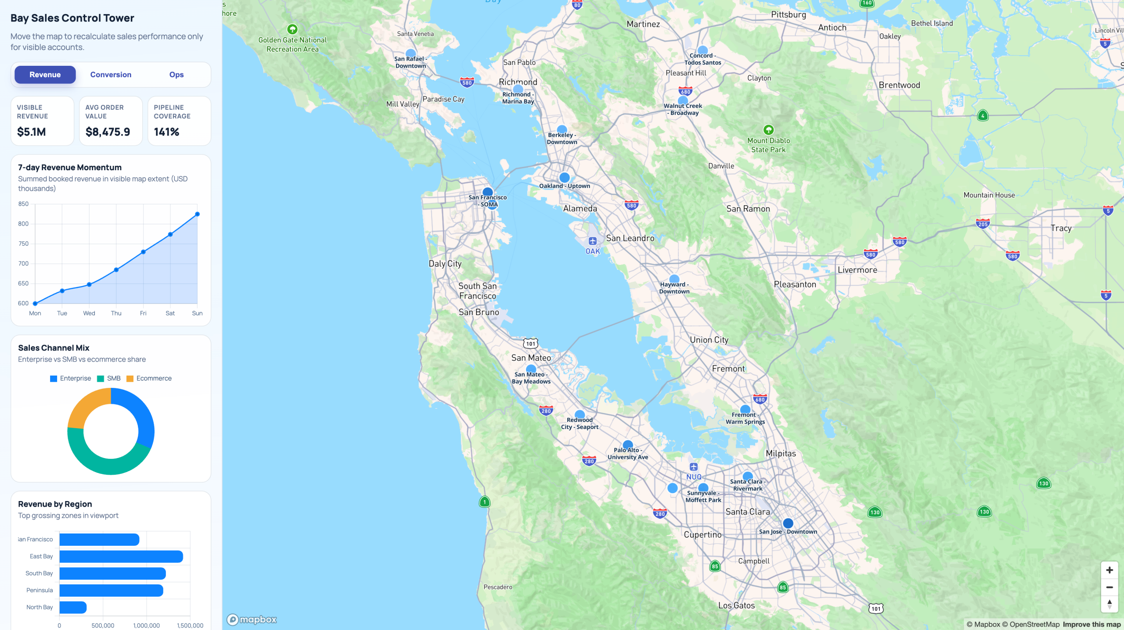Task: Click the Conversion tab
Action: pos(111,75)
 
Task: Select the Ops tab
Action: pos(177,75)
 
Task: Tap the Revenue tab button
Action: pos(45,75)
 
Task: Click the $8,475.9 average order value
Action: pos(108,132)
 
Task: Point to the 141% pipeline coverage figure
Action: pos(166,132)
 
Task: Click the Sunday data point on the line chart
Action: pos(198,214)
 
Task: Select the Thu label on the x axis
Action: pos(116,313)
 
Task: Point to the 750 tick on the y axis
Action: pos(23,243)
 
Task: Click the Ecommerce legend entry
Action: pos(149,378)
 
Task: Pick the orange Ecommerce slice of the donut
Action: pos(86,405)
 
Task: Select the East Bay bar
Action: pos(121,556)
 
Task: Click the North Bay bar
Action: pos(73,607)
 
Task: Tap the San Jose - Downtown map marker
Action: pos(788,523)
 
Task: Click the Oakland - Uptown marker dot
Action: pos(565,178)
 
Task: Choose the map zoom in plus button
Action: pos(1110,570)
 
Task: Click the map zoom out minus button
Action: pos(1110,587)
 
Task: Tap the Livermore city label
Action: pos(857,270)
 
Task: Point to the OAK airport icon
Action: pos(593,241)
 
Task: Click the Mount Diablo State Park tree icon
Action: pos(768,130)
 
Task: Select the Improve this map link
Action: pos(1092,624)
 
